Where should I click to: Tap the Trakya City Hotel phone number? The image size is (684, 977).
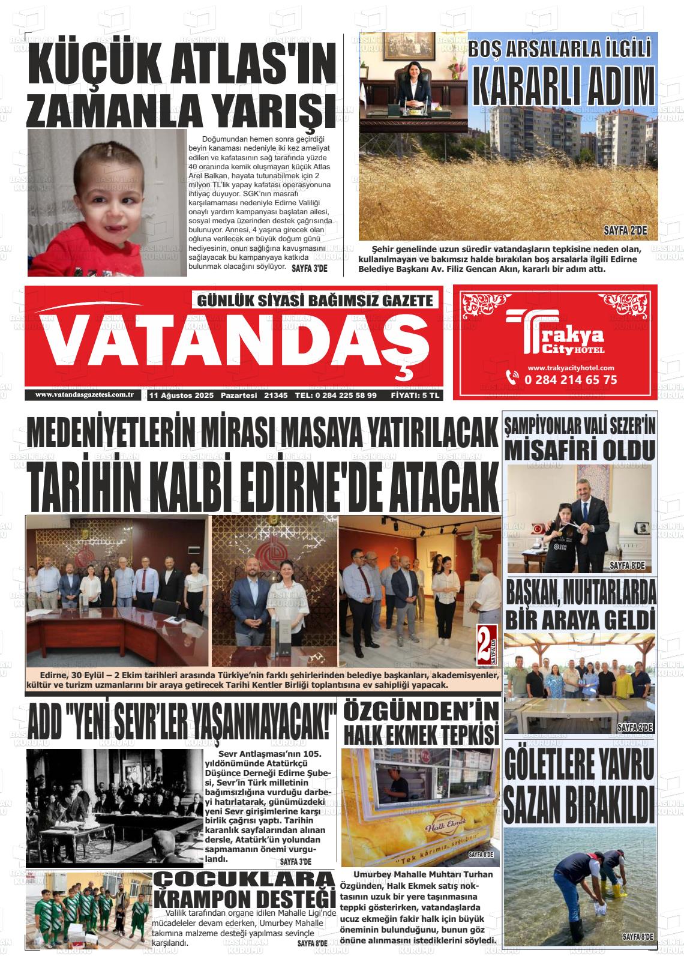570,379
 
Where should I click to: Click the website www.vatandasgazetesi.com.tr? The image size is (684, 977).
83,394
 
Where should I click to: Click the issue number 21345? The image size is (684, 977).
276,395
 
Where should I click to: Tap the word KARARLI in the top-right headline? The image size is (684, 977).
522,87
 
